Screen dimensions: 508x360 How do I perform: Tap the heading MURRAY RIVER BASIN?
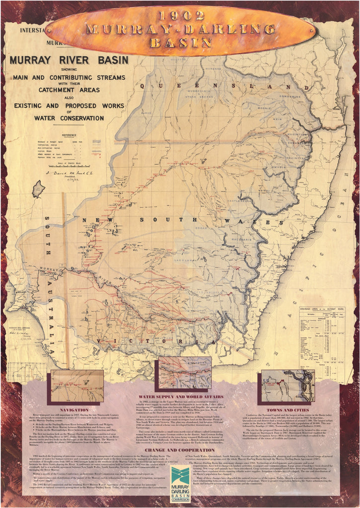[x=69, y=61]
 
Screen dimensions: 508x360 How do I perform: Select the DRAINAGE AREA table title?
[x=323, y=309]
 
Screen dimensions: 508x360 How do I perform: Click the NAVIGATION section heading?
[x=74, y=410]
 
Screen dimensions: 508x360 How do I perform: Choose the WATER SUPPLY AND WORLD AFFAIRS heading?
[x=180, y=396]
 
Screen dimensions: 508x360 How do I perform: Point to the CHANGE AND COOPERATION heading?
[x=180, y=449]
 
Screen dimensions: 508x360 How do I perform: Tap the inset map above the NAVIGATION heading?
[x=77, y=385]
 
